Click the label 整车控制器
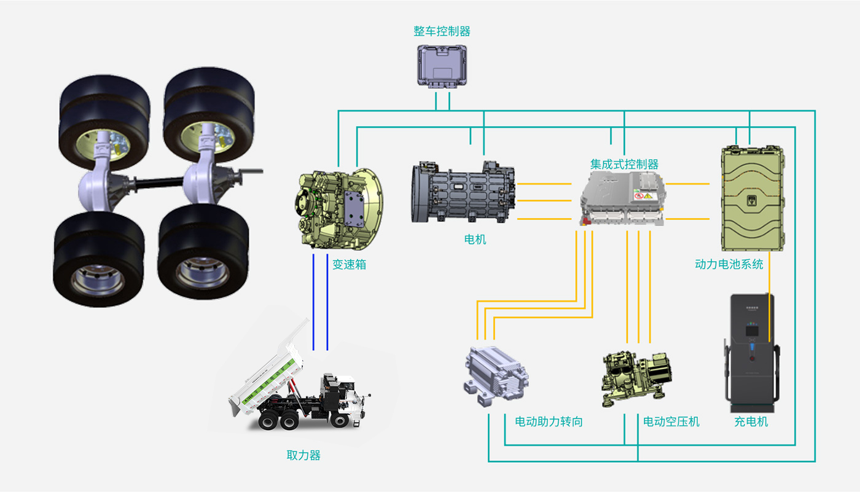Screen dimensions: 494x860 click(x=442, y=31)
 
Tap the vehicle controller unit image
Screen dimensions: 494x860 click(x=442, y=65)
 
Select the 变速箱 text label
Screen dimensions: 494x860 click(x=349, y=265)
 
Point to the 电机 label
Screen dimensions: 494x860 click(x=475, y=240)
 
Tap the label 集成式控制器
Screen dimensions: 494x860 click(x=624, y=165)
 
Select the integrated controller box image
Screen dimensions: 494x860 click(x=623, y=198)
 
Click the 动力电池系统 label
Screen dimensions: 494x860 click(x=729, y=264)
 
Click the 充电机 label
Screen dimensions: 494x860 click(x=751, y=422)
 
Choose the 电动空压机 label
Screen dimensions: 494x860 click(x=671, y=422)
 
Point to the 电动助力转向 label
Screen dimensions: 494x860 click(x=549, y=422)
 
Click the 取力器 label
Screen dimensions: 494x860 click(x=303, y=456)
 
